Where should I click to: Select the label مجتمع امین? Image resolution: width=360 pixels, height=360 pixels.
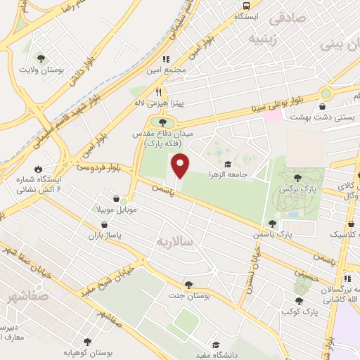pos(166,71)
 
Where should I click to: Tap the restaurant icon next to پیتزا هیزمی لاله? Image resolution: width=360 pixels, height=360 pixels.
pos(159,92)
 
